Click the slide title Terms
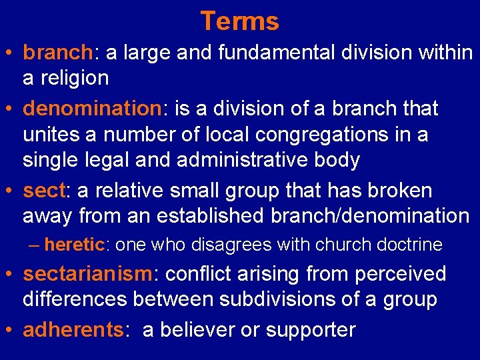coord(239,21)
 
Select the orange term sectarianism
coord(87,274)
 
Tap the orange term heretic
coord(74,245)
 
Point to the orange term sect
coord(43,191)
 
